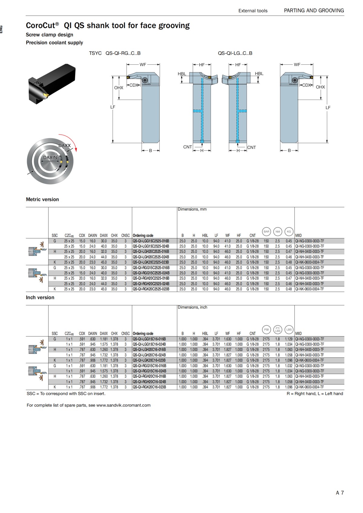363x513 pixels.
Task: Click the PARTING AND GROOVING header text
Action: [x=314, y=11]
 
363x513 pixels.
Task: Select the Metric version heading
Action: [x=42, y=199]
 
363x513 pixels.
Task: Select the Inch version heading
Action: [x=40, y=297]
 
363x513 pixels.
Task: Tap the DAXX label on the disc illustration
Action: [x=64, y=146]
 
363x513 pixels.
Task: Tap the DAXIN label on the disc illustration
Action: [x=50, y=157]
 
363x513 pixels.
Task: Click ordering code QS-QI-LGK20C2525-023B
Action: [x=151, y=262]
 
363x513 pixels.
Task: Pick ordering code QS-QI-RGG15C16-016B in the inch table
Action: [x=149, y=366]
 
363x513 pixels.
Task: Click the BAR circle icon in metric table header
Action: [x=266, y=232]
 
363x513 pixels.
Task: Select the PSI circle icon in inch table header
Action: [x=266, y=330]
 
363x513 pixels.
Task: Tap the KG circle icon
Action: [x=289, y=232]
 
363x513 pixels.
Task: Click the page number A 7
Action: [x=340, y=493]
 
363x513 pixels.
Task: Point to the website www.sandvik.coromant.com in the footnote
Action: [x=123, y=405]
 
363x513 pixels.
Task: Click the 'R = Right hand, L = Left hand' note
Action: [x=315, y=393]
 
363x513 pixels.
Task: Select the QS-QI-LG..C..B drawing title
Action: [x=235, y=53]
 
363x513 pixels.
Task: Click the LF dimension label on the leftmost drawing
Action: [x=113, y=107]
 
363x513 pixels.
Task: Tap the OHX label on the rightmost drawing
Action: [x=320, y=87]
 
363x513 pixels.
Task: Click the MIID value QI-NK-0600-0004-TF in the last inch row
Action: [x=309, y=387]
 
